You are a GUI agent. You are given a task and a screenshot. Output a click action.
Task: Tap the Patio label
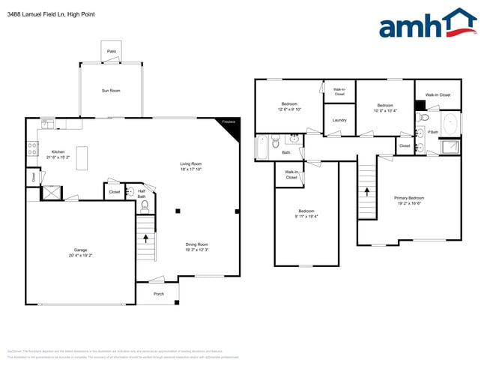(111, 51)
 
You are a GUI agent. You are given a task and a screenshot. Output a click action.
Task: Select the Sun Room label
(111, 91)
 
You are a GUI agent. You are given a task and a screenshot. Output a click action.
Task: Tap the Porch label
(158, 294)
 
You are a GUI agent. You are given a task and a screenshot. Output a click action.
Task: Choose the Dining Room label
(197, 244)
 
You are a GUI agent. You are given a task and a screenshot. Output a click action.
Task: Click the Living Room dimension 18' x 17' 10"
(190, 169)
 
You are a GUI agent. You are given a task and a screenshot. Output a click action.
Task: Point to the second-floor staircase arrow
(367, 191)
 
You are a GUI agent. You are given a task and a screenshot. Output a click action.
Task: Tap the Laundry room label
(339, 120)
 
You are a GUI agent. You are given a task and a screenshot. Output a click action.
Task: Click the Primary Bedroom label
(409, 198)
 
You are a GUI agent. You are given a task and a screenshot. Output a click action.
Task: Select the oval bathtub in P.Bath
(451, 123)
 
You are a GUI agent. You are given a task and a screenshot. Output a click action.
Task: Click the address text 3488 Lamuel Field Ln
(37, 14)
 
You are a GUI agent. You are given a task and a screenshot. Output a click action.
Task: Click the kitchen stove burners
(32, 148)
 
